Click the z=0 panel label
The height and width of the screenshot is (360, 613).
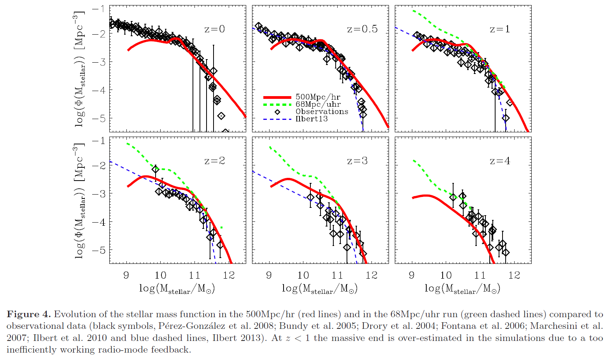tap(214, 29)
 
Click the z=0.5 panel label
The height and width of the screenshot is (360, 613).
tap(362, 29)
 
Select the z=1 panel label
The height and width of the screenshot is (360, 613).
tap(499, 29)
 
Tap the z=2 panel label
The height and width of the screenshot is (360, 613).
tap(214, 161)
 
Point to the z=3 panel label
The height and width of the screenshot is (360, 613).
tap(357, 161)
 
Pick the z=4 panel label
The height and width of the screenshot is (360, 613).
tap(499, 161)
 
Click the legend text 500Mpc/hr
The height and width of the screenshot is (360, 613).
tap(317, 97)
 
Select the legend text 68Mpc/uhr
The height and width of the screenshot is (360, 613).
tap(318, 104)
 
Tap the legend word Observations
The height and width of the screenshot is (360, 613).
tap(322, 112)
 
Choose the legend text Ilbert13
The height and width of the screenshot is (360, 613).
tap(312, 119)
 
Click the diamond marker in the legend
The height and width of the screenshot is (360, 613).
tap(277, 112)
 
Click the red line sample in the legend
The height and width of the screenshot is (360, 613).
tap(277, 97)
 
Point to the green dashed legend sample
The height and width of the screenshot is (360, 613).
tap(277, 105)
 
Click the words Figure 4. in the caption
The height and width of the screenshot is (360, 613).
tap(29, 314)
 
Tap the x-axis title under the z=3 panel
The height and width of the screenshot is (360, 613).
tap(319, 288)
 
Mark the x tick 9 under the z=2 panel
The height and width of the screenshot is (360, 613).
tap(126, 276)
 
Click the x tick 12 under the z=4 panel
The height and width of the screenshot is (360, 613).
tap(514, 276)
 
